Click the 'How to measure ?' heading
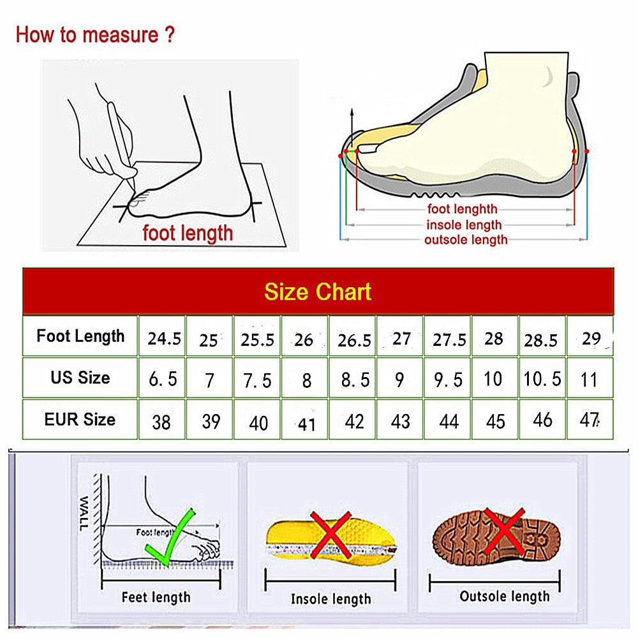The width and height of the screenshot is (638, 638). [94, 34]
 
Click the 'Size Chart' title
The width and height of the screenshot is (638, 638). [318, 292]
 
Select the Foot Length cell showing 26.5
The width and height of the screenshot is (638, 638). [354, 339]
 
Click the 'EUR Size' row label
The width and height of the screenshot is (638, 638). [80, 420]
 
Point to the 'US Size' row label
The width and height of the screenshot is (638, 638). [80, 378]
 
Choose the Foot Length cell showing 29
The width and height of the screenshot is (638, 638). [591, 338]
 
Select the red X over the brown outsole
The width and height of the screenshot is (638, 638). [503, 531]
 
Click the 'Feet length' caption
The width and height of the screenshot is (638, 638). [156, 597]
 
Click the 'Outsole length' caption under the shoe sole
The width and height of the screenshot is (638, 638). [504, 597]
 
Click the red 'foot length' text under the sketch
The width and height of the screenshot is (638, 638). [188, 233]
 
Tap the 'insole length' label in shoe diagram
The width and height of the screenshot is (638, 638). [464, 225]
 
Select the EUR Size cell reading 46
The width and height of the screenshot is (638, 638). [542, 420]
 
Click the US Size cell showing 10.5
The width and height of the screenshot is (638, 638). [542, 379]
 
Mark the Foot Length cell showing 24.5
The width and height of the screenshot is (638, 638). [164, 339]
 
